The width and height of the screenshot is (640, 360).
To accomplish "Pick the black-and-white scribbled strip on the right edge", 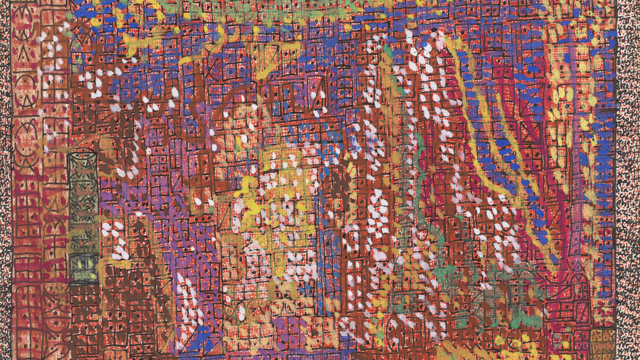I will (628, 176).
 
